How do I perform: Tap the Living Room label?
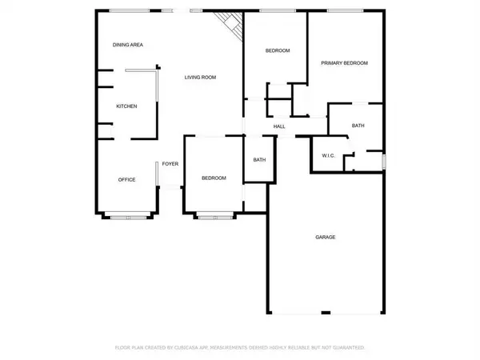(x=201, y=78)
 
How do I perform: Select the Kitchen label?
(x=126, y=106)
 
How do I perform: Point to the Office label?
(x=126, y=179)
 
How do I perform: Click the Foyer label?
(x=170, y=164)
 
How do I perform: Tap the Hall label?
(x=279, y=126)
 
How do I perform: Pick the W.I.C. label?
(x=328, y=155)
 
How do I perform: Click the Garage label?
(x=325, y=238)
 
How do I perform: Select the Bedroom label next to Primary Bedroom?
(x=277, y=51)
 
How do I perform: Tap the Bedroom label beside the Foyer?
(x=214, y=178)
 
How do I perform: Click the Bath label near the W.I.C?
(x=358, y=126)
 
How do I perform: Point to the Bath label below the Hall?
(x=259, y=160)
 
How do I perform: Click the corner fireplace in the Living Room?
(x=231, y=23)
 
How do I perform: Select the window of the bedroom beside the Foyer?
(x=214, y=214)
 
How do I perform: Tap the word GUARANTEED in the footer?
(x=350, y=348)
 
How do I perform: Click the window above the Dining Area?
(x=128, y=10)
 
